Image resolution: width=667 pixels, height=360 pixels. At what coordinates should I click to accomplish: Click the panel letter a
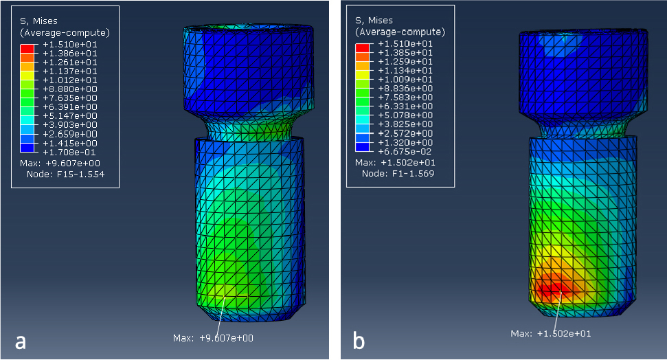pos(21,341)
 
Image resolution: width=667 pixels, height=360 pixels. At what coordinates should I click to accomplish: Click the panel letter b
pos(359,340)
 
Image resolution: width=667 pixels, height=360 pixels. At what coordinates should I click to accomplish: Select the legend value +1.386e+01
pos(70,53)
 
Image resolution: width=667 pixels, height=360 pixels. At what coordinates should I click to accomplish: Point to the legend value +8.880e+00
pos(70,89)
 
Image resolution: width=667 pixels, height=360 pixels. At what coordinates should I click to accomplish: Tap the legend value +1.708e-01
pos(69,152)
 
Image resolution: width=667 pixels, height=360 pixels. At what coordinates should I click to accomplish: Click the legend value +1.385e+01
pos(405,52)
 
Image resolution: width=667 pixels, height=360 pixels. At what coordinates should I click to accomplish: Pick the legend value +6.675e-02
pos(405,151)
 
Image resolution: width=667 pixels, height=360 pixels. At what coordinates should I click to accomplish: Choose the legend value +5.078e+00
pos(405,115)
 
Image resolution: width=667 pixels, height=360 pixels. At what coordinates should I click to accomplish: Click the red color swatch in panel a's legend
pos(27,49)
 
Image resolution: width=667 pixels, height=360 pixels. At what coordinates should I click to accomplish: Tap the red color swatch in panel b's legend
pos(363,47)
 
